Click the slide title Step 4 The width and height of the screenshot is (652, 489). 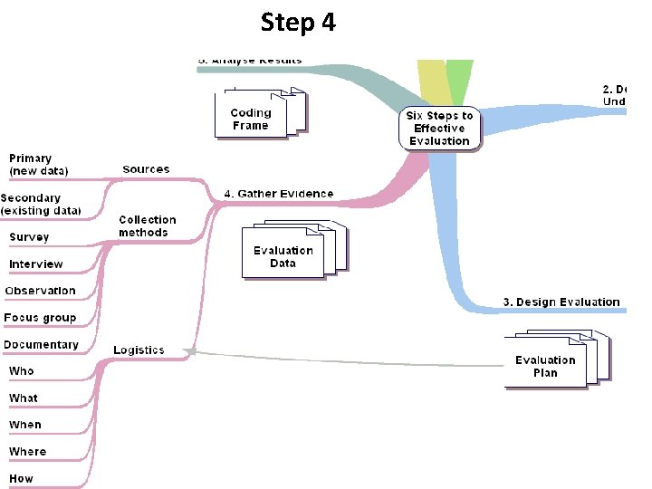[x=298, y=22]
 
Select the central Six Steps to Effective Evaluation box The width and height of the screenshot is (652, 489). [x=439, y=129]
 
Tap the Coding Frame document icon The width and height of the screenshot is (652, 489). [x=254, y=117]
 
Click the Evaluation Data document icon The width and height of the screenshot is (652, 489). [x=285, y=254]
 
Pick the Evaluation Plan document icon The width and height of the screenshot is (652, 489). [x=547, y=364]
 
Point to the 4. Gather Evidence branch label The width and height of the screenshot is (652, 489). [x=279, y=194]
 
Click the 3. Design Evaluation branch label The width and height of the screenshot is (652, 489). [x=561, y=302]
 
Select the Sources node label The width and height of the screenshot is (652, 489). [x=146, y=169]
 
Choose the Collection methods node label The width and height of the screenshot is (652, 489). [x=148, y=226]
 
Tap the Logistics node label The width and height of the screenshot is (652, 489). [x=139, y=350]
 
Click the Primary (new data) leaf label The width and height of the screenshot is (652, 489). [x=35, y=164]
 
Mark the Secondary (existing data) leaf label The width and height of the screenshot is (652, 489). [x=41, y=204]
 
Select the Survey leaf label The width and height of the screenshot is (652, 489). [x=29, y=237]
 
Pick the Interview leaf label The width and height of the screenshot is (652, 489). [x=36, y=264]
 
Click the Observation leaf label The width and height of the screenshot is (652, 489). [x=41, y=291]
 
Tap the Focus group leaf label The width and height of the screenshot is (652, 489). [x=40, y=318]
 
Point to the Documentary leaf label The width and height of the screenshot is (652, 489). [x=41, y=345]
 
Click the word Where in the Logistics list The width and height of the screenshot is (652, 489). [x=27, y=451]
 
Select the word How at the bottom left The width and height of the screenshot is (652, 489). [x=21, y=478]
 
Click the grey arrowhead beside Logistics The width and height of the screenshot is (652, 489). [x=189, y=351]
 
